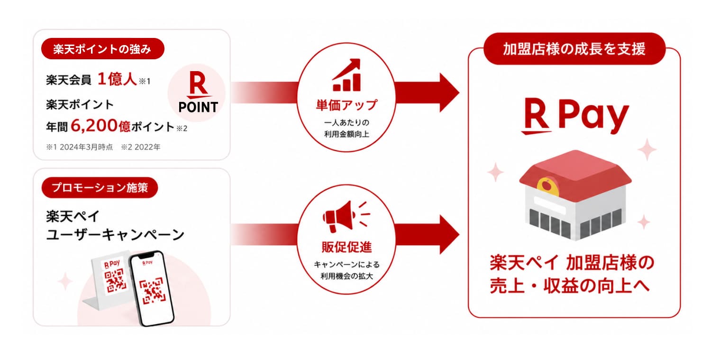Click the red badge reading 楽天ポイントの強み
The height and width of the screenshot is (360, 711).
point(102,48)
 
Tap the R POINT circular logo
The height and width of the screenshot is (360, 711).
point(197,92)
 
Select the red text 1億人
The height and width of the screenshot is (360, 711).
point(117,79)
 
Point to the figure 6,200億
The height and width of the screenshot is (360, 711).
point(100,126)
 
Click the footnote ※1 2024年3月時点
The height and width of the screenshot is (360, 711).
point(79,147)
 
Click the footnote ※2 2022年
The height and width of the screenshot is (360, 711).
point(141,147)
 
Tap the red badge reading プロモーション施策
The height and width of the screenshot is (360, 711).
point(100,187)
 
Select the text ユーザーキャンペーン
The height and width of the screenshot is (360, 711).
point(115,235)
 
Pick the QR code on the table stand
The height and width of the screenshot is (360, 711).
point(114,280)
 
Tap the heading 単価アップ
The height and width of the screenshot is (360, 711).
point(346,105)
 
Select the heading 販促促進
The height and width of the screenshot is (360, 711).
point(346,247)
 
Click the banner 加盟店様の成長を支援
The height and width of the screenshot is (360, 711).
point(574,48)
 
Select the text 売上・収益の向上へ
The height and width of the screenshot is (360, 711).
point(570,286)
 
